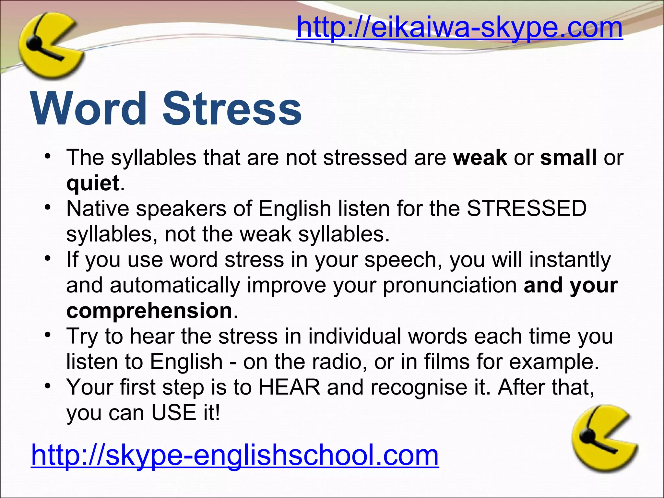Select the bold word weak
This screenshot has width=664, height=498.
coord(480,158)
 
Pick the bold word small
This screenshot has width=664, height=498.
coord(568,158)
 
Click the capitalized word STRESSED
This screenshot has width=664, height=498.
coord(527,208)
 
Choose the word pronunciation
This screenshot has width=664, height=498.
coord(450,285)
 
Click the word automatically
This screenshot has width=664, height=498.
coord(175,285)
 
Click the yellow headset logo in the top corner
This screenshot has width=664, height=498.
coord(49,45)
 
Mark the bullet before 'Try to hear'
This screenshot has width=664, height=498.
coord(48,335)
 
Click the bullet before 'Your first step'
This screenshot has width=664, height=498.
coord(48,386)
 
